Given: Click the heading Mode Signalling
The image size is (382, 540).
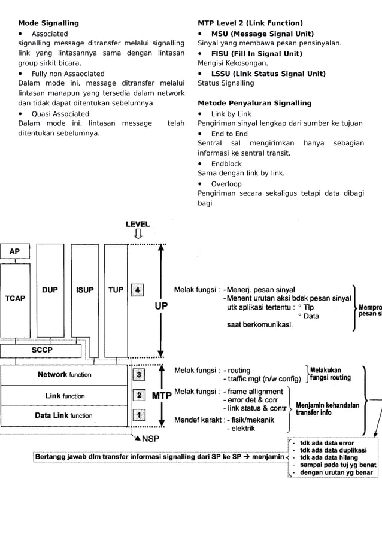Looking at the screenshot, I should [x=48, y=23].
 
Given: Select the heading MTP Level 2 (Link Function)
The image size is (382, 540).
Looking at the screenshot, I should [x=250, y=23].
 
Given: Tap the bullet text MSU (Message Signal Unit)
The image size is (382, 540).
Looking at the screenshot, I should [x=262, y=34].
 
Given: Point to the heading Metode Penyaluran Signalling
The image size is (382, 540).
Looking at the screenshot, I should [x=254, y=103].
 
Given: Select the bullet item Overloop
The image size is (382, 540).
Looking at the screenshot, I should [x=226, y=184].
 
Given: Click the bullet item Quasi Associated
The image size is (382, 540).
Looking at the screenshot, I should [x=60, y=114].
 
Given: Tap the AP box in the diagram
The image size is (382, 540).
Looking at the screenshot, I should [x=14, y=252].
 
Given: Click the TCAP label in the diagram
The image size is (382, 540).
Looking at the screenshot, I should [x=15, y=298].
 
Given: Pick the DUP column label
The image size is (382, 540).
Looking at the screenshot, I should [x=50, y=290].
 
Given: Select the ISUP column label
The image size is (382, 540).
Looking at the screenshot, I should [x=84, y=290].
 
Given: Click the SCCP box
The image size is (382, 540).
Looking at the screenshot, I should [x=41, y=350].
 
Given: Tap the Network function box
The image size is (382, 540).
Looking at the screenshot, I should [x=65, y=375].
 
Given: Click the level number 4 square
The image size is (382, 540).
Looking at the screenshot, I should [x=138, y=290].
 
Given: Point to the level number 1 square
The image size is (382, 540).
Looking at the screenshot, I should [x=138, y=414].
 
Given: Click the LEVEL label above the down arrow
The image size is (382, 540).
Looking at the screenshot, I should [x=138, y=224].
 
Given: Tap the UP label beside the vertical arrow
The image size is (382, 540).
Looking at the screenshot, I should [x=161, y=305].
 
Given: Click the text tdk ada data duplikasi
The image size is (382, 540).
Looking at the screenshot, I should [x=337, y=450].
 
